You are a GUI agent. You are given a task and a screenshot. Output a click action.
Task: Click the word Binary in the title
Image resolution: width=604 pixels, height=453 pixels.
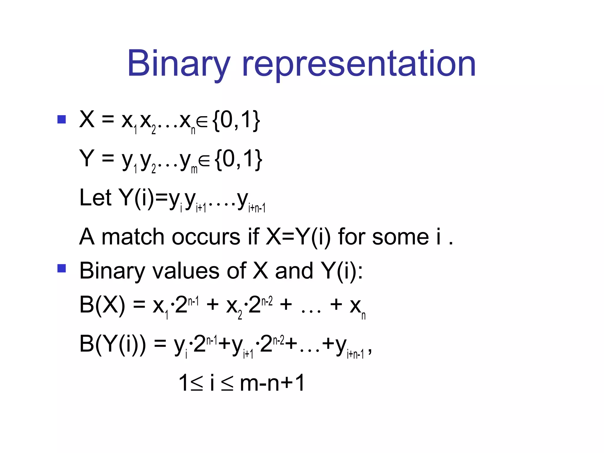178,64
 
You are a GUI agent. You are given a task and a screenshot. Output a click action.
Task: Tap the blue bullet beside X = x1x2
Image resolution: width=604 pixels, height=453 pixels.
61,119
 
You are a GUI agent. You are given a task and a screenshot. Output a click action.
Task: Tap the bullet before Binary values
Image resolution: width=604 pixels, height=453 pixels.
61,268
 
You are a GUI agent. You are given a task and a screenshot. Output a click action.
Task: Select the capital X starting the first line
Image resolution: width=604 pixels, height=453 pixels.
87,119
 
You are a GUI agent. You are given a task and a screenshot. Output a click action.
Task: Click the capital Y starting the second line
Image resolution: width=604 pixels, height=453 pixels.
87,158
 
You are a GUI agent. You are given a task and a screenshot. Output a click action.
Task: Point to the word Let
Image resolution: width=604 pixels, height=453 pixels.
95,198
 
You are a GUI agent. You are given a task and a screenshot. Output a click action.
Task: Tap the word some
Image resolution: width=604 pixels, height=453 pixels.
400,237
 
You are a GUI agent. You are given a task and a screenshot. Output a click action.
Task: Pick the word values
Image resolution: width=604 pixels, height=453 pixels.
185,271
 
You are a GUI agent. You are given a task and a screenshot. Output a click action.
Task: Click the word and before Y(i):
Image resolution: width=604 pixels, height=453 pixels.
294,271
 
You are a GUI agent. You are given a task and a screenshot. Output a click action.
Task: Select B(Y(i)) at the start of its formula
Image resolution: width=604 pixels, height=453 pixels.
112,344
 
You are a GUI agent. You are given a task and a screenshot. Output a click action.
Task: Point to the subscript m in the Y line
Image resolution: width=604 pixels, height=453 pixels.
194,169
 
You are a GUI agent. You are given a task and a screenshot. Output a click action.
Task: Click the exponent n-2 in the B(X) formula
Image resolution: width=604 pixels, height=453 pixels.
267,301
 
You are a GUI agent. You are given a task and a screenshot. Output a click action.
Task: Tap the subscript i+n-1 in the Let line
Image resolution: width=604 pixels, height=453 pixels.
257,208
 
